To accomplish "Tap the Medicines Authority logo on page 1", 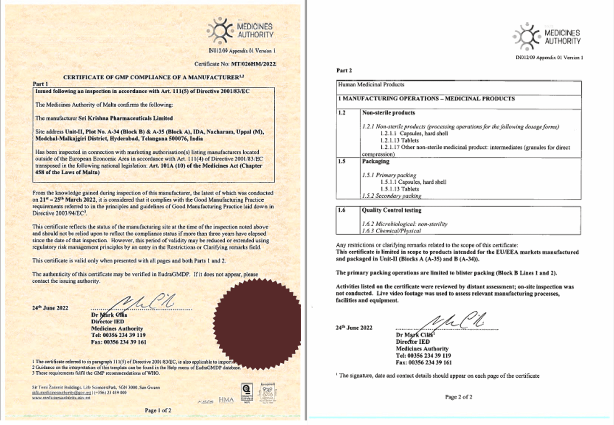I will point(240,30).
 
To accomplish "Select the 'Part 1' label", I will point(40,84).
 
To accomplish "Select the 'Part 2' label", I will point(344,71).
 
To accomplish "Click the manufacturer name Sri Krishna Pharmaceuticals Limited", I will point(125,118).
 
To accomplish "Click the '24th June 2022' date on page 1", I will point(50,308).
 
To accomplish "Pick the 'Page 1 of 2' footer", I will point(158,410).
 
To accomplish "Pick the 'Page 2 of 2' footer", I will point(459,397).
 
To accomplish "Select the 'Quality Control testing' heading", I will point(391,210).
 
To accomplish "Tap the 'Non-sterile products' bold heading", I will point(388,113).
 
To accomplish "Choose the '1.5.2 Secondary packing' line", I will point(391,196).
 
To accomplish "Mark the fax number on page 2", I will point(424,362).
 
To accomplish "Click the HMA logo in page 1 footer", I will point(226,400).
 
